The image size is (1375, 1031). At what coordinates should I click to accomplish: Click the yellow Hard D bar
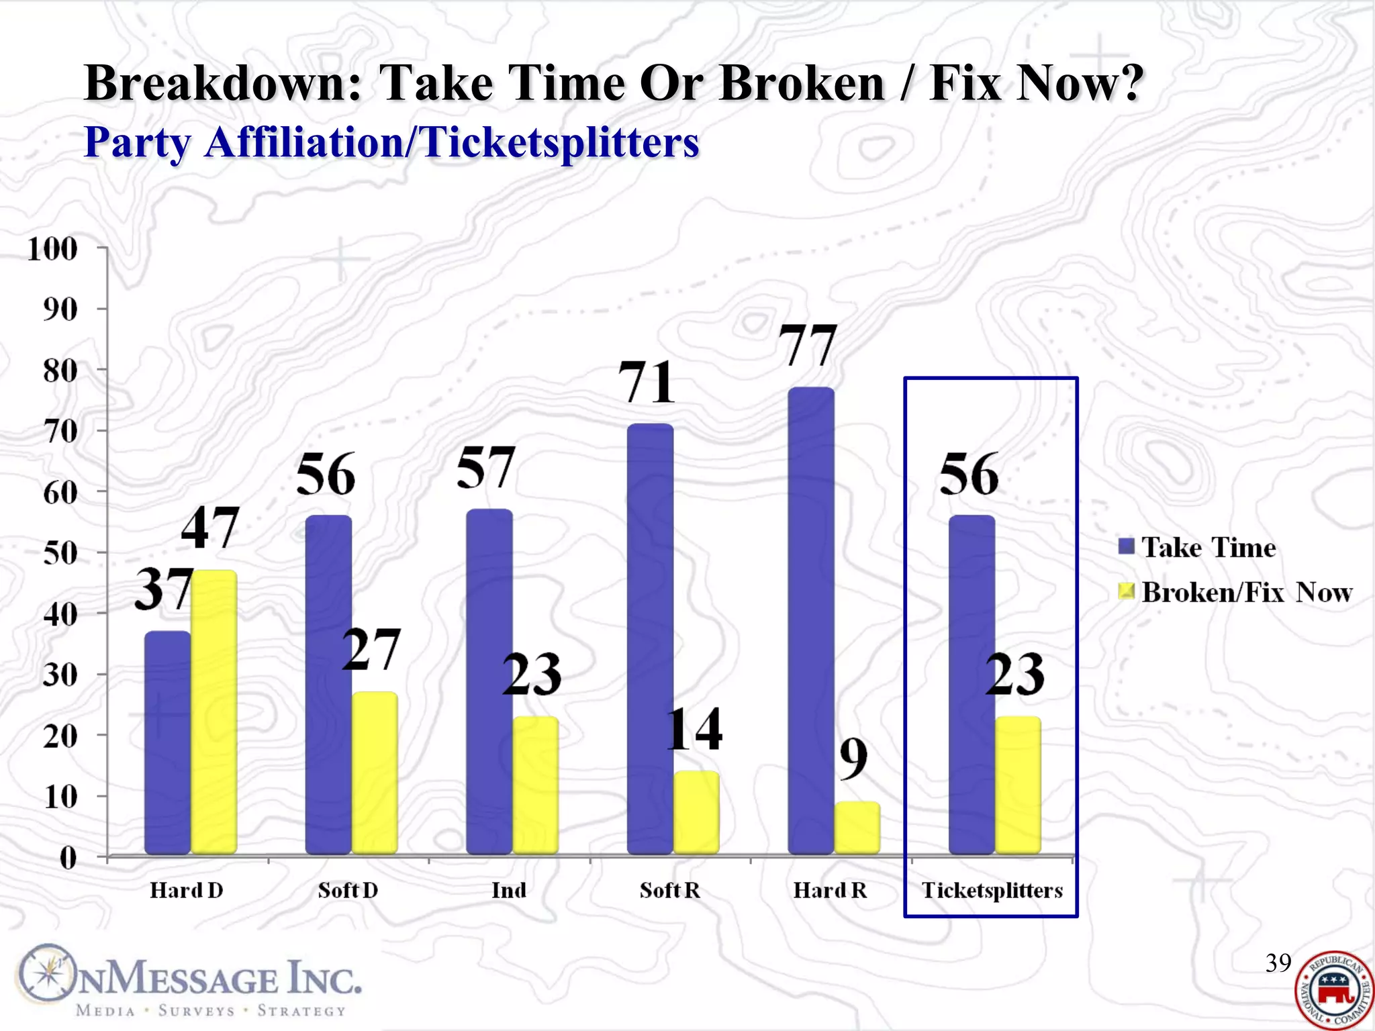tap(214, 711)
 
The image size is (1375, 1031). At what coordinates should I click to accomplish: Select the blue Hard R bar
tap(811, 621)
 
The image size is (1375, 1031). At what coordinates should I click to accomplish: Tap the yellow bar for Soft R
tap(696, 812)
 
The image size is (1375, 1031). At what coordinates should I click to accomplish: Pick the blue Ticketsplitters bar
tap(971, 685)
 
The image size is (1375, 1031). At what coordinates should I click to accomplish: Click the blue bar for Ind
tap(489, 681)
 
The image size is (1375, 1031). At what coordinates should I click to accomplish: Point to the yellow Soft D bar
tap(375, 772)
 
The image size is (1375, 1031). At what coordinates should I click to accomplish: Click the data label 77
tap(808, 346)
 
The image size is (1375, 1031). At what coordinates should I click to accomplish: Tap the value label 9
tap(853, 759)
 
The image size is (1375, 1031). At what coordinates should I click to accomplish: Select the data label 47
tap(210, 528)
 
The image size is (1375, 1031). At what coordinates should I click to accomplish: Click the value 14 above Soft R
tap(694, 730)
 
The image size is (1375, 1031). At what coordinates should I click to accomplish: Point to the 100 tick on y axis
tap(52, 249)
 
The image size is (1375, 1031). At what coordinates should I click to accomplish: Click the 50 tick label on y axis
tap(60, 554)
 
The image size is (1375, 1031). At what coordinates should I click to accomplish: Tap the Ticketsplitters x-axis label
tap(992, 891)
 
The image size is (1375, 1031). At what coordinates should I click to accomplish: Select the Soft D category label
tap(348, 891)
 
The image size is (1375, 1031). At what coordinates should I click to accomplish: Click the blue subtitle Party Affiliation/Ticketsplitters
tap(391, 142)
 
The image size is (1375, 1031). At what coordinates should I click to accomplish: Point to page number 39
tap(1278, 963)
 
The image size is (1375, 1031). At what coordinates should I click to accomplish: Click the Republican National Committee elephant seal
tap(1333, 989)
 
